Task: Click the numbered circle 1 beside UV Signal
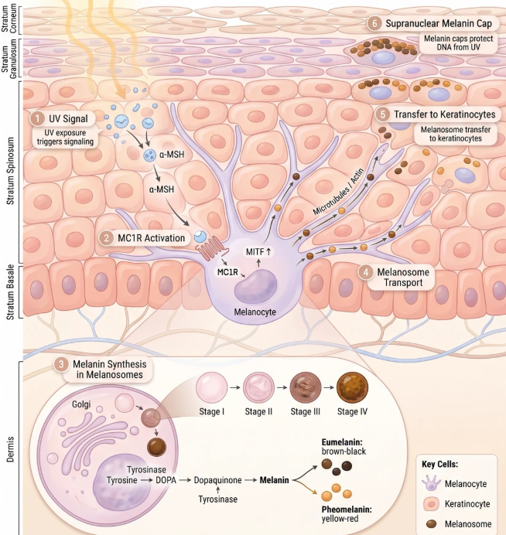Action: coord(37,119)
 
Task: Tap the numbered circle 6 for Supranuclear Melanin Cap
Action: coord(374,23)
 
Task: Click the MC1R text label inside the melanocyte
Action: coord(227,272)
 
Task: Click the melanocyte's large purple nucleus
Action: coord(255,286)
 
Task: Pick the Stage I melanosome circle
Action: coord(211,387)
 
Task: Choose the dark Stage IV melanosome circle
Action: coord(352,387)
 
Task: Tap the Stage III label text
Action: coord(306,411)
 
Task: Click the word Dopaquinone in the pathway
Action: coord(218,480)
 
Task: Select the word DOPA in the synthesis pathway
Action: coord(166,480)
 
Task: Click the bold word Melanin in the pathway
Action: coord(274,480)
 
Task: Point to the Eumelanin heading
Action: coord(342,442)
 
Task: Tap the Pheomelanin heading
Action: coord(347,509)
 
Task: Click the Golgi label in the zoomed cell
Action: coord(81,404)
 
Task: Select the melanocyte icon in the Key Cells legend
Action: coord(431,483)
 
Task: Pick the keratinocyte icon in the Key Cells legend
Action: coord(431,504)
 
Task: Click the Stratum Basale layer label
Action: coord(11,292)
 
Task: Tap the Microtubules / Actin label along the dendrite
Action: coord(339,192)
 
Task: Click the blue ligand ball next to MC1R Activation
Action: coord(200,237)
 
